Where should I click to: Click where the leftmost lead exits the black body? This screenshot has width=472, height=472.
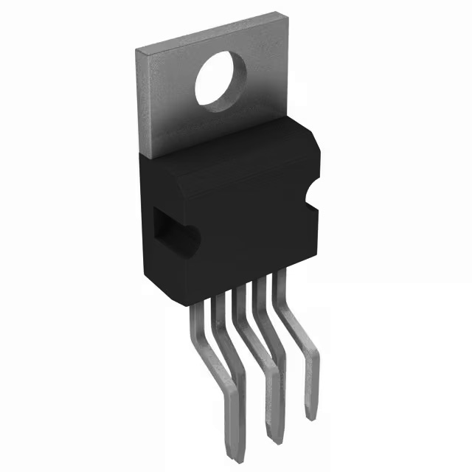point(198,308)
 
